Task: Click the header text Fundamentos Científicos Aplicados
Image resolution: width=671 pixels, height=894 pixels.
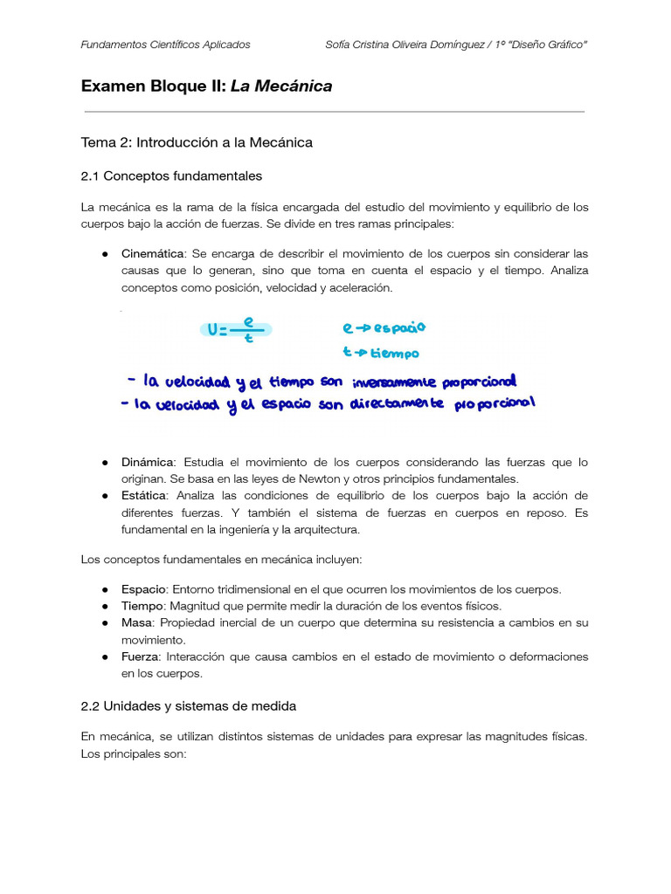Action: [165, 45]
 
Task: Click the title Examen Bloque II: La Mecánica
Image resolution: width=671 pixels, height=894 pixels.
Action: [206, 86]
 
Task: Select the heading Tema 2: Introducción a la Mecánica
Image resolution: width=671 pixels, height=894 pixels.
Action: [197, 142]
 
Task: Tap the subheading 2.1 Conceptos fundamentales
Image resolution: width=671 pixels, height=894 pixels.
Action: [171, 176]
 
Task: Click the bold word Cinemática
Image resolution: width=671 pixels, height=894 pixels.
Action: [153, 253]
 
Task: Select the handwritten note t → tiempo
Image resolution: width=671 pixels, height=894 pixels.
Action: [380, 354]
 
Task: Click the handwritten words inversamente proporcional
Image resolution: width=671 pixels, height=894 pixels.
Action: [433, 382]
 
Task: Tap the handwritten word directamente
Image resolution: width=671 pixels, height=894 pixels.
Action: [398, 404]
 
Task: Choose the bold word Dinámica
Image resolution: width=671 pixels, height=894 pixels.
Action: [148, 462]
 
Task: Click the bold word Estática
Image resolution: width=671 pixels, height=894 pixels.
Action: [145, 496]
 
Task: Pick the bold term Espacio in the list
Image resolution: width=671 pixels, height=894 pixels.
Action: [143, 589]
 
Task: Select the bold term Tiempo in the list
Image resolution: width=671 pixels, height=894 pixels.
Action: [142, 606]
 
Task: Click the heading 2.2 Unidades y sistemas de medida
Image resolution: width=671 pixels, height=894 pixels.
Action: [189, 705]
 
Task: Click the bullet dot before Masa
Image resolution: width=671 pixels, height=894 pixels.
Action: [104, 623]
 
